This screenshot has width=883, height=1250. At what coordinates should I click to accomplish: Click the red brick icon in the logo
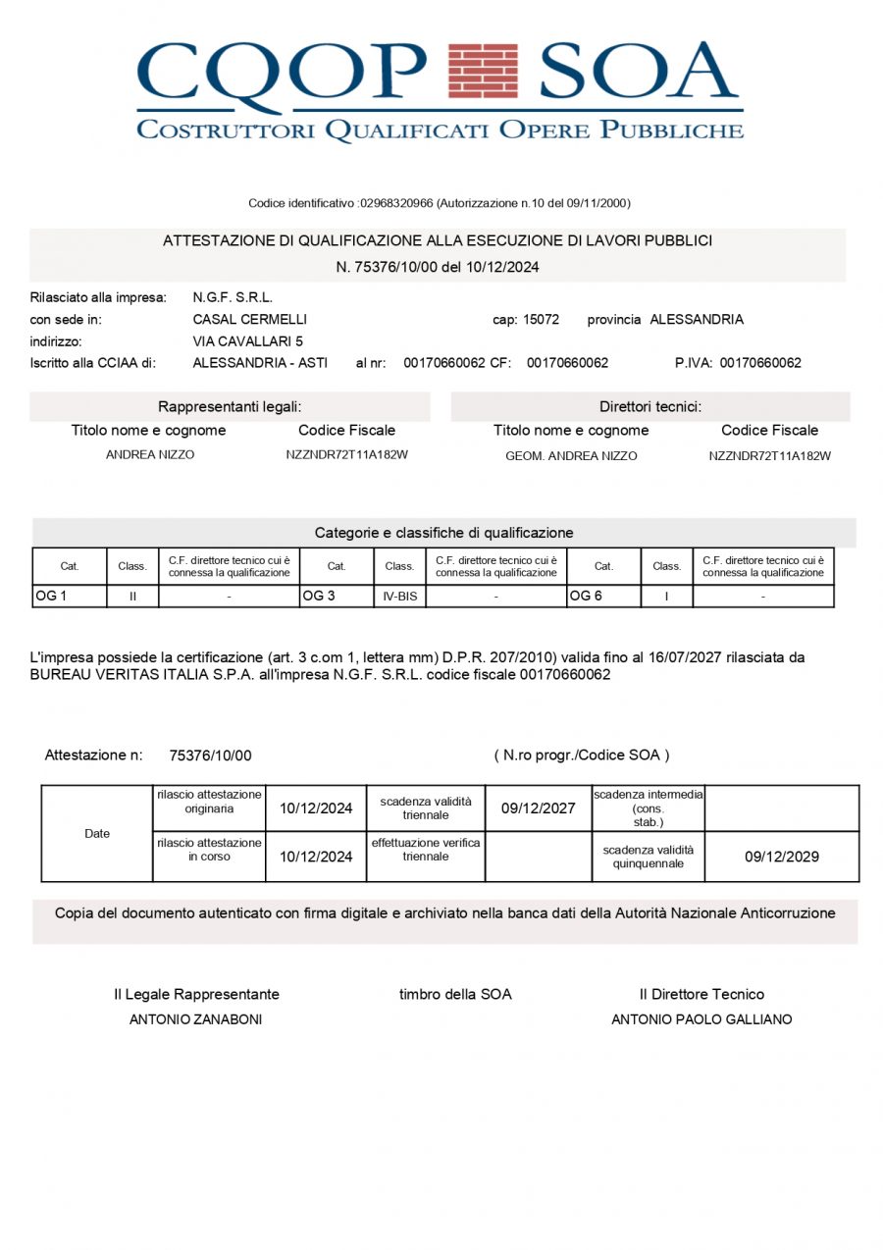(x=482, y=71)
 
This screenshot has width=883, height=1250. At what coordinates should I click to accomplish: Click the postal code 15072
(x=541, y=320)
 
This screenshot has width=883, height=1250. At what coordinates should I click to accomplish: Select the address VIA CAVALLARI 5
(x=247, y=341)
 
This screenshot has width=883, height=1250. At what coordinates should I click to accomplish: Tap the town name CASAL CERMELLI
(x=249, y=320)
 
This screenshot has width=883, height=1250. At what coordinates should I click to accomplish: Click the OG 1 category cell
(x=69, y=596)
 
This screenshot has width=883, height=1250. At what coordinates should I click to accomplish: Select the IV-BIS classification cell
(x=399, y=596)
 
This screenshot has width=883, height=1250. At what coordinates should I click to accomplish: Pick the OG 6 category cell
(x=603, y=596)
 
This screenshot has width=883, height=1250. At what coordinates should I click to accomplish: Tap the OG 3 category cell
(x=337, y=596)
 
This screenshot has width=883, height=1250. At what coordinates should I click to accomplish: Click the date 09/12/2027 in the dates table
(x=538, y=808)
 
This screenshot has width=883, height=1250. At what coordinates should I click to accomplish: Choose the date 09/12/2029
(x=781, y=857)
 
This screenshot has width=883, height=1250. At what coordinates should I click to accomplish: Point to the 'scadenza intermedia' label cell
(x=648, y=807)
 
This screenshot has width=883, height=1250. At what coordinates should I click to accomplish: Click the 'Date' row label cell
(x=97, y=833)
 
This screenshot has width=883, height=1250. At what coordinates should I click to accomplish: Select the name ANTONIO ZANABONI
(x=195, y=1019)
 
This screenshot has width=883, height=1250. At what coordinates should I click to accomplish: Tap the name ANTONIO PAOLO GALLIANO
(x=701, y=1019)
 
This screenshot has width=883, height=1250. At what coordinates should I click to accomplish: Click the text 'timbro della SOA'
(x=455, y=994)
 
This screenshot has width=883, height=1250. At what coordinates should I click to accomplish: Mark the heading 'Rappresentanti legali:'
(x=230, y=406)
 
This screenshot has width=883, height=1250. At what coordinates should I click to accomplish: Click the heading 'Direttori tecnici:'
(x=650, y=406)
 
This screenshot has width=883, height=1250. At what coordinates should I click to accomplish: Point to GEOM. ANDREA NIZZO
(x=571, y=455)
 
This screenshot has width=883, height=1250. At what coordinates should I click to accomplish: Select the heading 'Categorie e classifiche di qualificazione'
(x=443, y=533)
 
